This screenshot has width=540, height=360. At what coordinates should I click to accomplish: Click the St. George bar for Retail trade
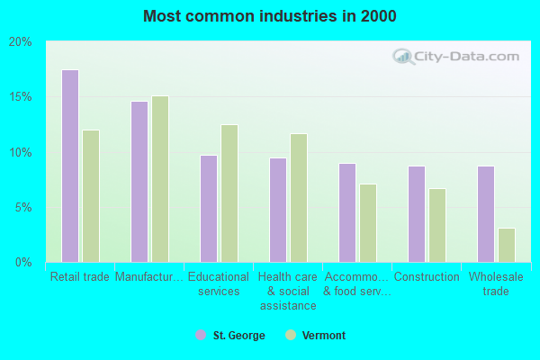(69, 166)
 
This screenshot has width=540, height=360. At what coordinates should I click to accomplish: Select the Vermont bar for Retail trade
(91, 196)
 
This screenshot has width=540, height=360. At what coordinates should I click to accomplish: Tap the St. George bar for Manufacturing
(139, 182)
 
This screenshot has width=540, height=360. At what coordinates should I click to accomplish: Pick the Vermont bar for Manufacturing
(160, 179)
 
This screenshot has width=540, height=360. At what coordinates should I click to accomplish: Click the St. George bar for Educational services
(208, 209)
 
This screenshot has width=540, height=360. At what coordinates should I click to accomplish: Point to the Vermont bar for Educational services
(229, 193)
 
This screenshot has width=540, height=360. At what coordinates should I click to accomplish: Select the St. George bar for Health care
(278, 210)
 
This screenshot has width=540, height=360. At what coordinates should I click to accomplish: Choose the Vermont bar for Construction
(437, 225)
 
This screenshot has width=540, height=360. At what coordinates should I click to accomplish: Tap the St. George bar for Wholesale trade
(485, 214)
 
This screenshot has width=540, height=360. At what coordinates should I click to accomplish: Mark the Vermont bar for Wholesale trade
(507, 245)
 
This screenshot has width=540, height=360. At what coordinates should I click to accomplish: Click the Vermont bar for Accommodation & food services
(368, 223)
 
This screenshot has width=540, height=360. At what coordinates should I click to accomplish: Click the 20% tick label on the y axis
(21, 41)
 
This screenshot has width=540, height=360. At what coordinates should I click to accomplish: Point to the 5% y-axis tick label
(23, 207)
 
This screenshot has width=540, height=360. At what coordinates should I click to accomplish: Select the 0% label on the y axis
(23, 262)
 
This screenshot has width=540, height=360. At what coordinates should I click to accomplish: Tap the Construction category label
(427, 277)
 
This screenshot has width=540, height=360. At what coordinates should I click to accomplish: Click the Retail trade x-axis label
(80, 277)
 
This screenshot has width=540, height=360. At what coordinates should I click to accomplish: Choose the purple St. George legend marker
(201, 336)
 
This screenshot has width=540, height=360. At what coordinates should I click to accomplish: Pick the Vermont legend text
(324, 336)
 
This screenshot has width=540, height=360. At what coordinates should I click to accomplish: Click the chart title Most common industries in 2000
(270, 16)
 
